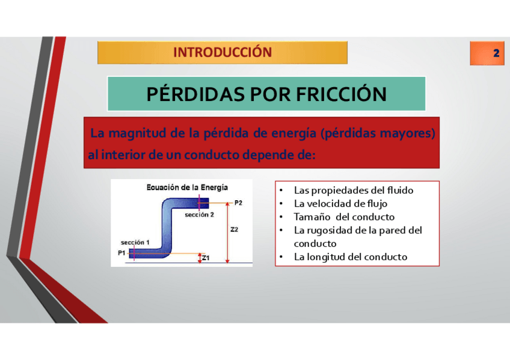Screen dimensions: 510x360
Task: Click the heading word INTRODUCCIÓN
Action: tap(223, 52)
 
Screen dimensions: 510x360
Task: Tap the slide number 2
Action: tap(496, 53)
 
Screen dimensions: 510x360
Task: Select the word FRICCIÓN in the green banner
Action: tap(341, 94)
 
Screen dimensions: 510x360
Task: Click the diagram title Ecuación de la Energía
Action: tap(187, 188)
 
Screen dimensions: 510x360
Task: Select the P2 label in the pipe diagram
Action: tap(238, 203)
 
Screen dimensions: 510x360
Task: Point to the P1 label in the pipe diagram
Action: tap(121, 253)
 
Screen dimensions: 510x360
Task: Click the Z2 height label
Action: tap(234, 230)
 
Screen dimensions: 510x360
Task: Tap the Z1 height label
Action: tap(206, 258)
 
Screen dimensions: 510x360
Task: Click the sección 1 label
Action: tap(135, 242)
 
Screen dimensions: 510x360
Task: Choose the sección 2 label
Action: tap(200, 215)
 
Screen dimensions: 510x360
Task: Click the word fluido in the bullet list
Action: tap(400, 190)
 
